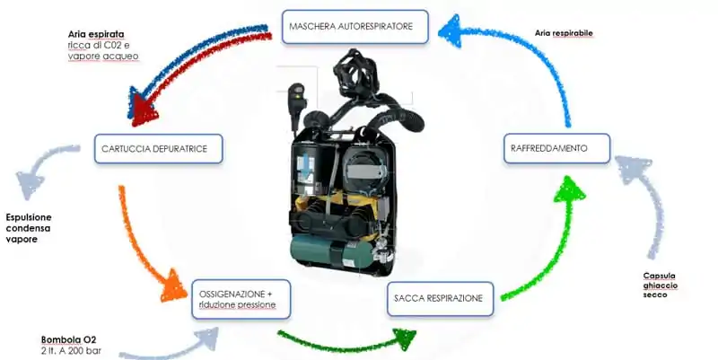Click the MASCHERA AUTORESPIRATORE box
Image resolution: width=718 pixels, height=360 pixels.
click(x=355, y=27)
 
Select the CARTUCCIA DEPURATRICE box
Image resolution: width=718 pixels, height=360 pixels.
click(x=159, y=148)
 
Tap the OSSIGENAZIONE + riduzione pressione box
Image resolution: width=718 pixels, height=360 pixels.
click(x=241, y=299)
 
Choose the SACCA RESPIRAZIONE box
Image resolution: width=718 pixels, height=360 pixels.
click(x=440, y=299)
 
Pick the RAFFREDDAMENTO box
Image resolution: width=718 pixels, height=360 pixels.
click(x=556, y=148)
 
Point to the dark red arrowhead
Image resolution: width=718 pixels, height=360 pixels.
click(x=144, y=113)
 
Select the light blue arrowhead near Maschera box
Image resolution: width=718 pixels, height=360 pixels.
click(x=452, y=31)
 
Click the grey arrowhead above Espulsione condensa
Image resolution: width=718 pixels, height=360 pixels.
click(x=29, y=181)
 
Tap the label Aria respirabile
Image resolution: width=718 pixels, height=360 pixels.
click(x=564, y=33)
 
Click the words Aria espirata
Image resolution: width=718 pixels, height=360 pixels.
click(x=96, y=34)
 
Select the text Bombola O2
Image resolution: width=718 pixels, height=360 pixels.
click(x=69, y=340)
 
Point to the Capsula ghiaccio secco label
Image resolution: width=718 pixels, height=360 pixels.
click(x=660, y=285)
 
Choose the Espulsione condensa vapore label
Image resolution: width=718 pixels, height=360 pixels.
click(x=29, y=228)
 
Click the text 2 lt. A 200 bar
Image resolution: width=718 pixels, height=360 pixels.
click(x=71, y=351)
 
